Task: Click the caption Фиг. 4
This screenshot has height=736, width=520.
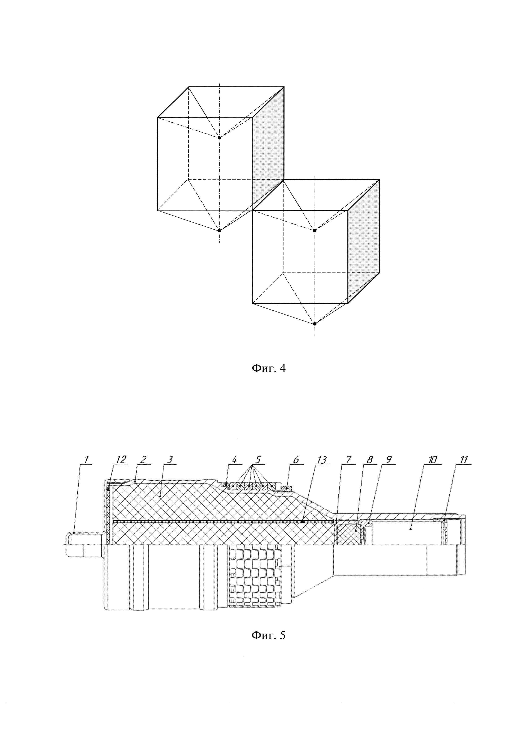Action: [268, 368]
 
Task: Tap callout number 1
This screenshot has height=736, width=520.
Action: [86, 459]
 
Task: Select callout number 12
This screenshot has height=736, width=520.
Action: [121, 459]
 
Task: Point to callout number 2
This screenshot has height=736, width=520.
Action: [143, 459]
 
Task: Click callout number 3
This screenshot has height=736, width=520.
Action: [170, 459]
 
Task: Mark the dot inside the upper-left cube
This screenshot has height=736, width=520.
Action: [219, 138]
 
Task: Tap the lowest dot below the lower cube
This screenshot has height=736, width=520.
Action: [315, 323]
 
